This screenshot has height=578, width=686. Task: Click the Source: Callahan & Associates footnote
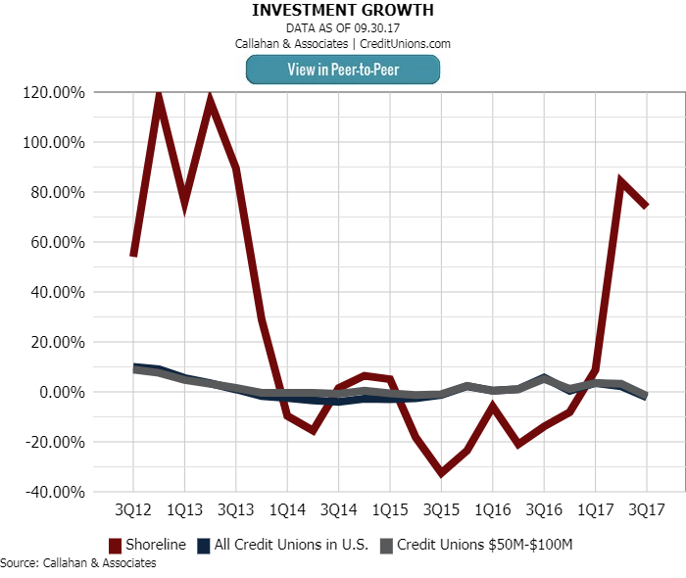point(78,563)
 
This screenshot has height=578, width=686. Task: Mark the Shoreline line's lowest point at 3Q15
point(441,473)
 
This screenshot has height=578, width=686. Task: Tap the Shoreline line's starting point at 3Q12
point(133,255)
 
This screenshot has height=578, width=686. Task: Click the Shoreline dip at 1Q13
point(184,204)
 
